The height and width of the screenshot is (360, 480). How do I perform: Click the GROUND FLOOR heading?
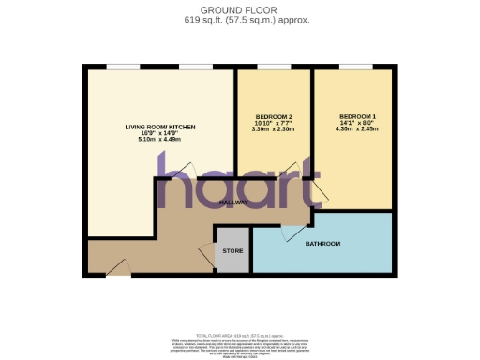point(239,8)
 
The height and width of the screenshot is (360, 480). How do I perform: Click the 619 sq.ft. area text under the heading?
point(239,19)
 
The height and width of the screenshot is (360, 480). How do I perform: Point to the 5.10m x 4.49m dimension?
point(158,141)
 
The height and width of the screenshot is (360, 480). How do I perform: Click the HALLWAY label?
point(233,202)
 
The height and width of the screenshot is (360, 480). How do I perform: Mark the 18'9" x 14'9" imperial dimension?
point(158,133)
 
